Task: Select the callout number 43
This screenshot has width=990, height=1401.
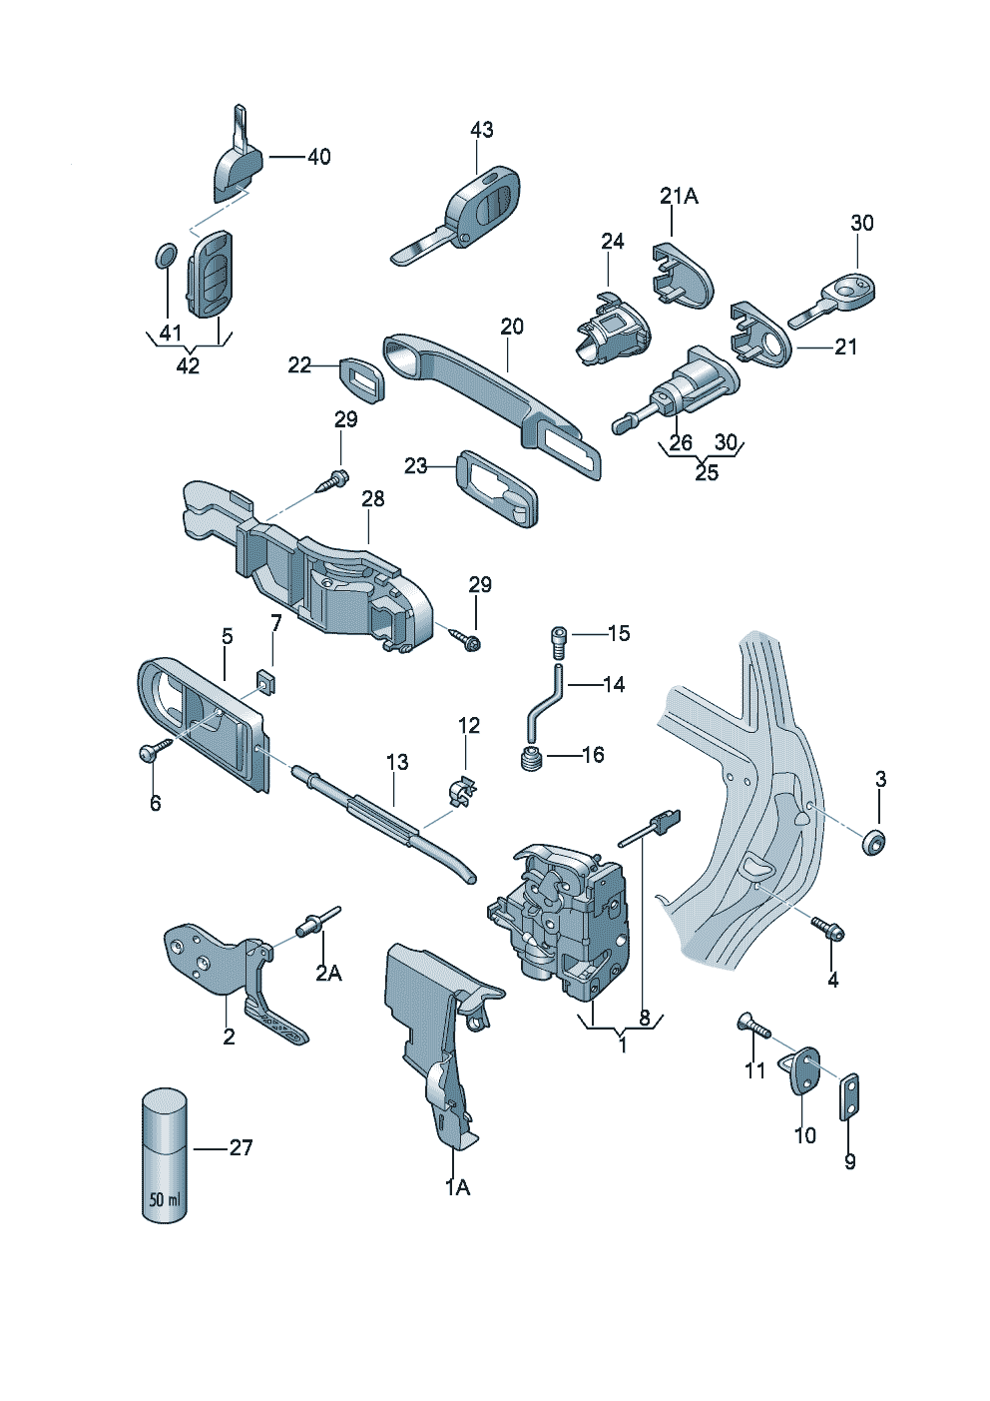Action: [x=481, y=130]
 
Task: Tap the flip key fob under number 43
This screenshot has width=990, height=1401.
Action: [x=469, y=213]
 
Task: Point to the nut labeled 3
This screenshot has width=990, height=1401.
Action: [x=875, y=842]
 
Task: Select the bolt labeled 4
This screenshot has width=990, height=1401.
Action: [x=829, y=929]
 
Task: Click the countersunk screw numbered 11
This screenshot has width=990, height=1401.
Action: [x=753, y=1029]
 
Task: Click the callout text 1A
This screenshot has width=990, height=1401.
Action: [x=457, y=1186]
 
